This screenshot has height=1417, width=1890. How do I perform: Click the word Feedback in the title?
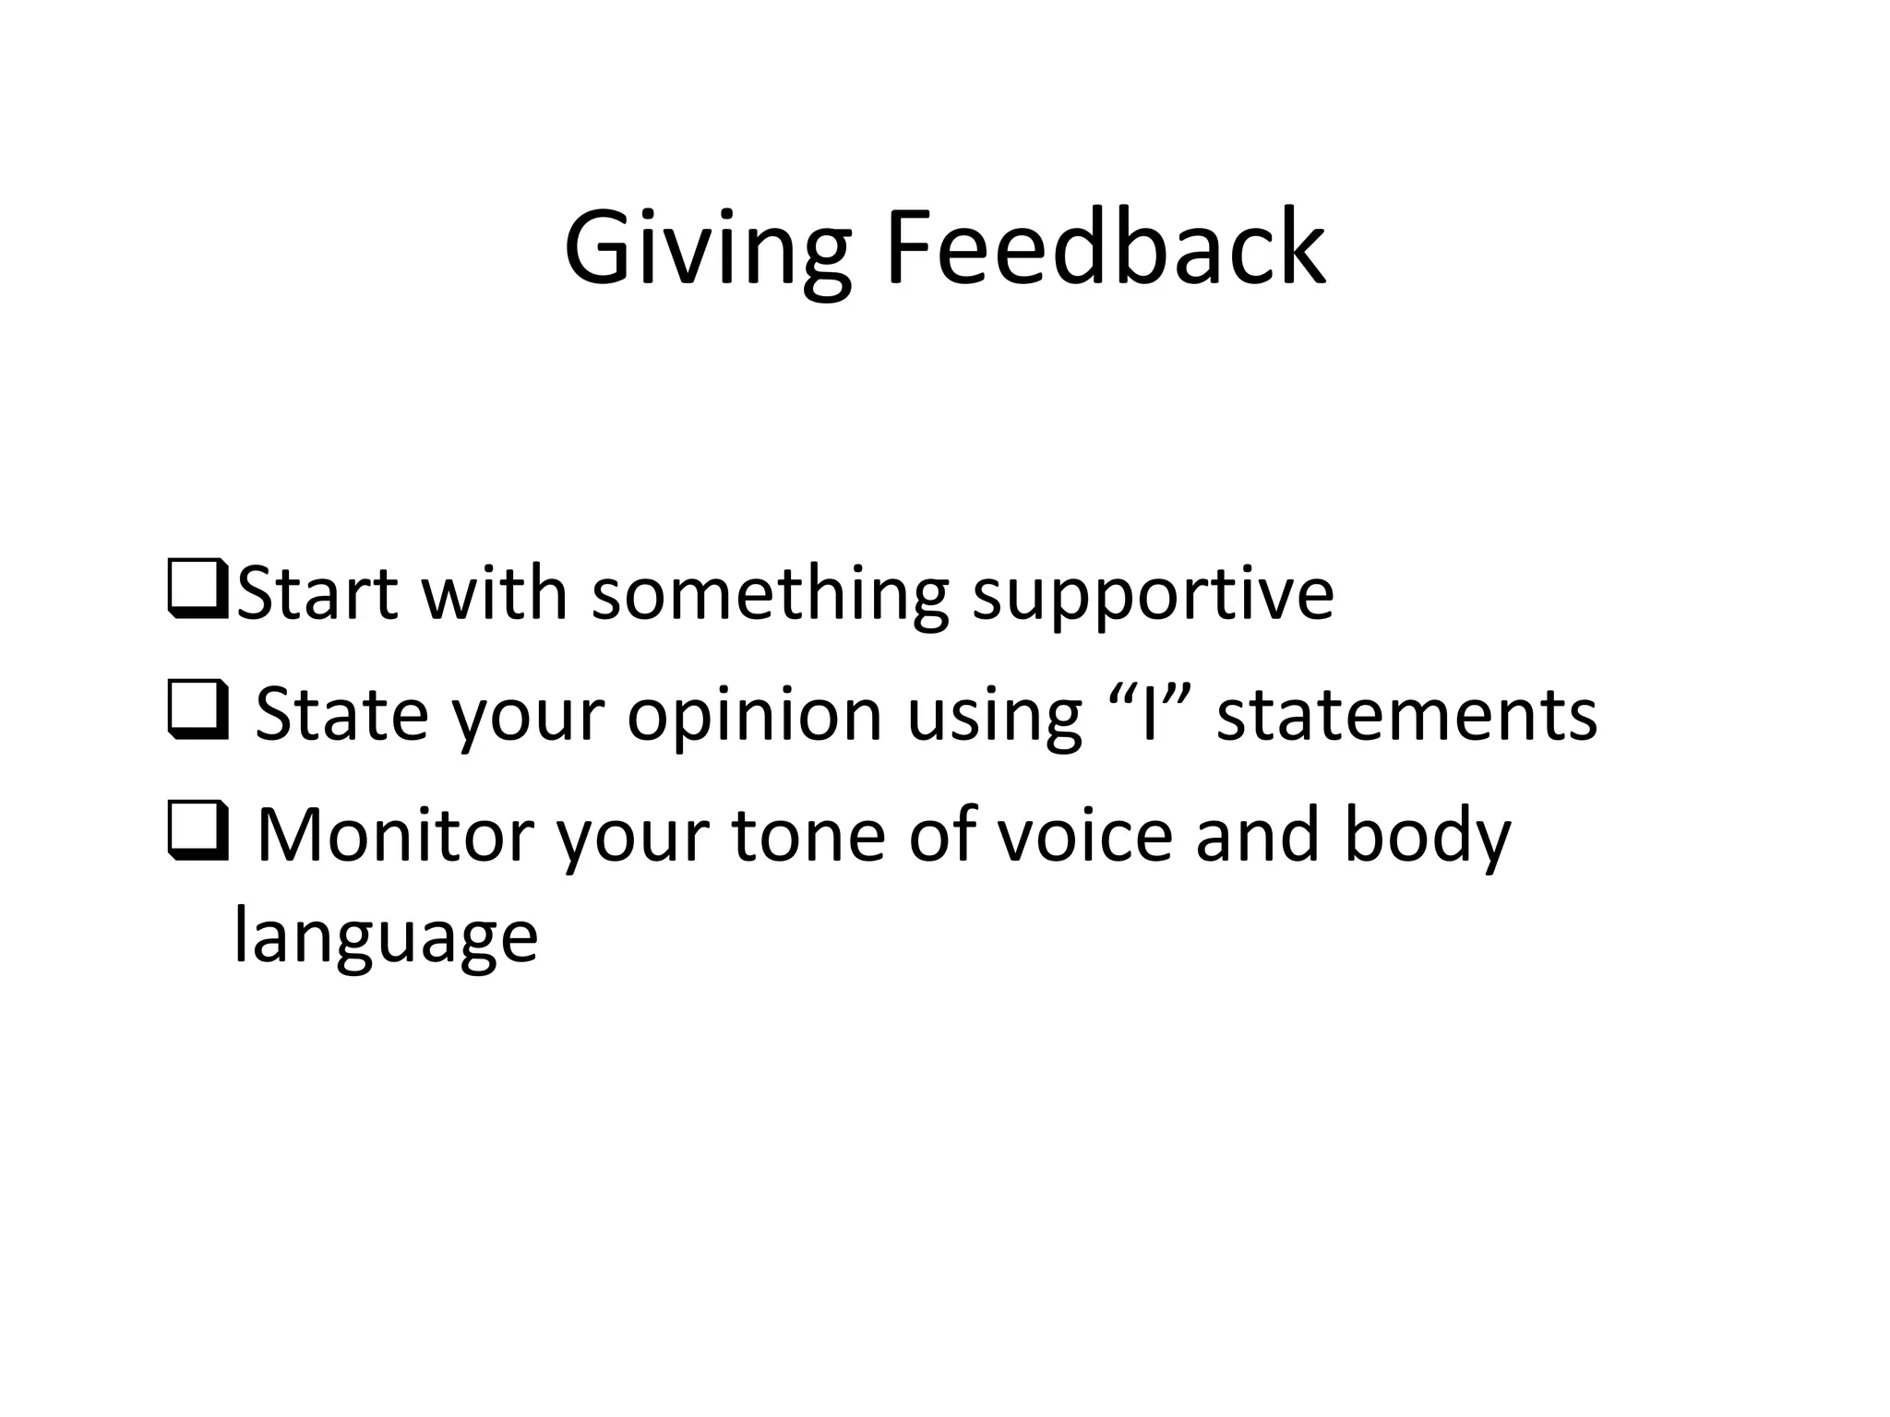pyautogui.click(x=1105, y=247)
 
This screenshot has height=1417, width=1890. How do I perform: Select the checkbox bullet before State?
pyautogui.click(x=198, y=713)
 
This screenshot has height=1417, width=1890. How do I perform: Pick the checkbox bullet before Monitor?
pyautogui.click(x=198, y=834)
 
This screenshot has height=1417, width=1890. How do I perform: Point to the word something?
pyautogui.click(x=770, y=595)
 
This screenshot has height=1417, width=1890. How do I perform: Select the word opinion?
pyautogui.click(x=754, y=716)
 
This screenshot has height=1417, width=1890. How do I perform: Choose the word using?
pyautogui.click(x=994, y=716)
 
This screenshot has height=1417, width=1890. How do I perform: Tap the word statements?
pyautogui.click(x=1406, y=715)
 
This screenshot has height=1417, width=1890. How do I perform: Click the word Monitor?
pyautogui.click(x=395, y=834)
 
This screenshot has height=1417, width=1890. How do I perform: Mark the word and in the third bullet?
pyautogui.click(x=1257, y=834)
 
